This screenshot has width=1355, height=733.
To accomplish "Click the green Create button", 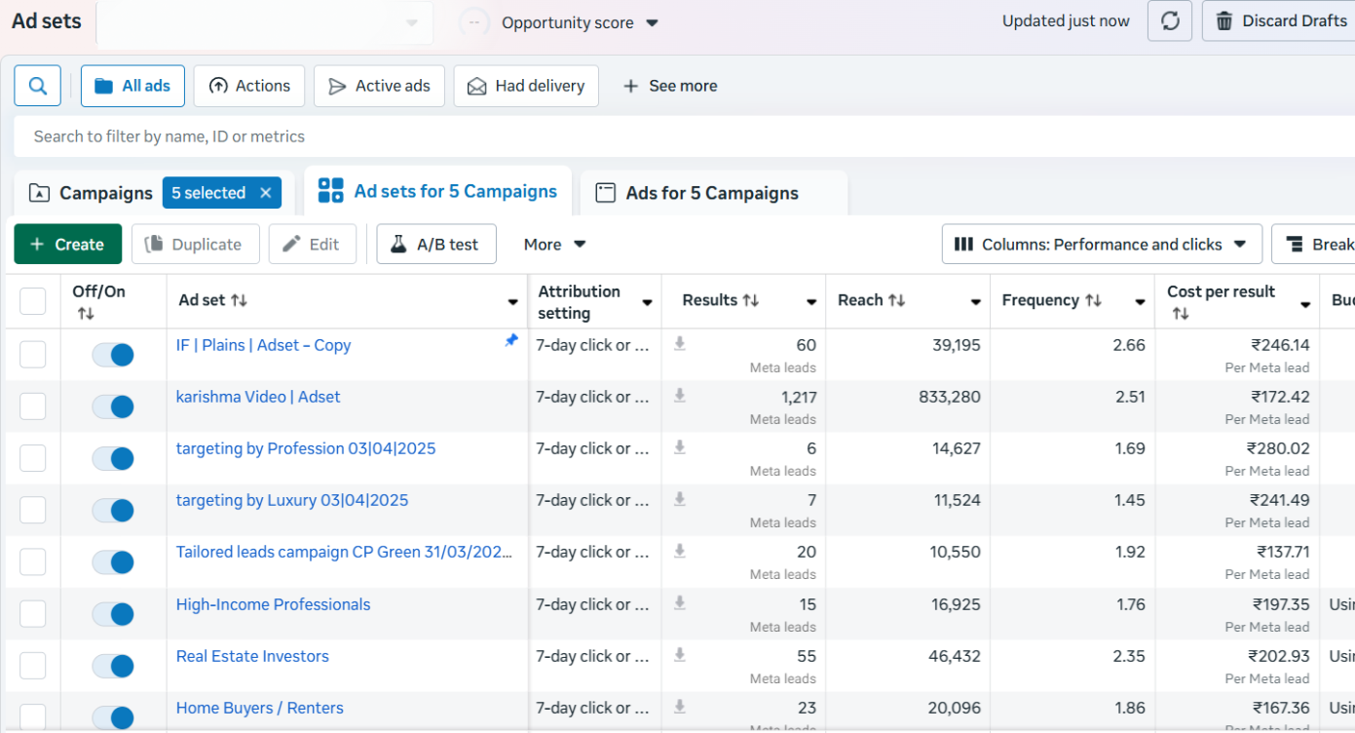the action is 68,244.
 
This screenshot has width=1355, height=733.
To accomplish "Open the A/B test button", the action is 436,244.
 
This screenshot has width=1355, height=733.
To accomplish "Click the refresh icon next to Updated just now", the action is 1170,21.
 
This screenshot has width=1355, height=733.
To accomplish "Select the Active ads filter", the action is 379,86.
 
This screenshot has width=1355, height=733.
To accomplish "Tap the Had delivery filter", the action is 526,86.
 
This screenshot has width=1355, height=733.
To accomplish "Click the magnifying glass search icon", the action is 38,86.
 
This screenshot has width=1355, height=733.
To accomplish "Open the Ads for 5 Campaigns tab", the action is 712,193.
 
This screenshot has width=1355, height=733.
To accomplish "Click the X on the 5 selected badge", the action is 266,192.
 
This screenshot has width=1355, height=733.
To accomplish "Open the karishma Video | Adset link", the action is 258,397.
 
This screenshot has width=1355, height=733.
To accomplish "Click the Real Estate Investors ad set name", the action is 252,656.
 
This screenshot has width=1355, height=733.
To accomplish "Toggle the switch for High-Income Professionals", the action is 113,614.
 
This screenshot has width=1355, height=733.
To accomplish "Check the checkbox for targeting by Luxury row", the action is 33,510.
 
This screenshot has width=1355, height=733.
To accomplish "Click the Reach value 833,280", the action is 949,397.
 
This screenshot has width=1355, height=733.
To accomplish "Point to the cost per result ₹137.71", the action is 1283,552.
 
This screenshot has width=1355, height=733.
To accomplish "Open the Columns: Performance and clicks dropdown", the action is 1102,244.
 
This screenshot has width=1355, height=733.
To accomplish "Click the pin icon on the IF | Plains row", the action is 511,341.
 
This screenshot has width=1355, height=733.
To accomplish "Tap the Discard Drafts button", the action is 1281,21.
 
